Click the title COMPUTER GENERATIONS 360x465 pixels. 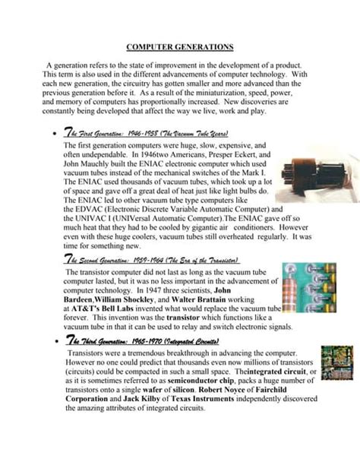pos(179,47)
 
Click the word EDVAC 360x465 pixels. pos(90,207)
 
